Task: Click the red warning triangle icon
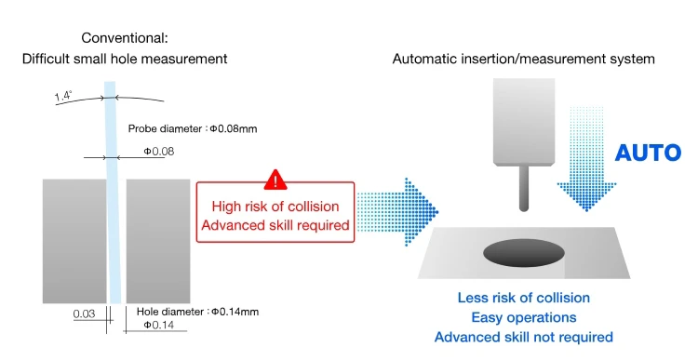[x=275, y=180]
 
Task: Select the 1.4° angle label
[x=63, y=95]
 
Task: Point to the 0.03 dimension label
[x=85, y=314]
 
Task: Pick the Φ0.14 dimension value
[x=155, y=324]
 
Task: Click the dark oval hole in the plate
[x=522, y=252]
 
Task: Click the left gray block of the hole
[x=74, y=241]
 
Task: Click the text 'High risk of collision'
[x=275, y=207]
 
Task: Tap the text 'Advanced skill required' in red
[x=275, y=224]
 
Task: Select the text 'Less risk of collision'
[x=524, y=298]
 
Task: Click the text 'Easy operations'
[x=524, y=317]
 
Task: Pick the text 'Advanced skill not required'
[x=524, y=337]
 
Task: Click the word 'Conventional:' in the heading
[x=126, y=38]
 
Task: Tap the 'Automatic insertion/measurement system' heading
[x=524, y=59]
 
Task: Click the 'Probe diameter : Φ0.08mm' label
[x=192, y=127]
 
